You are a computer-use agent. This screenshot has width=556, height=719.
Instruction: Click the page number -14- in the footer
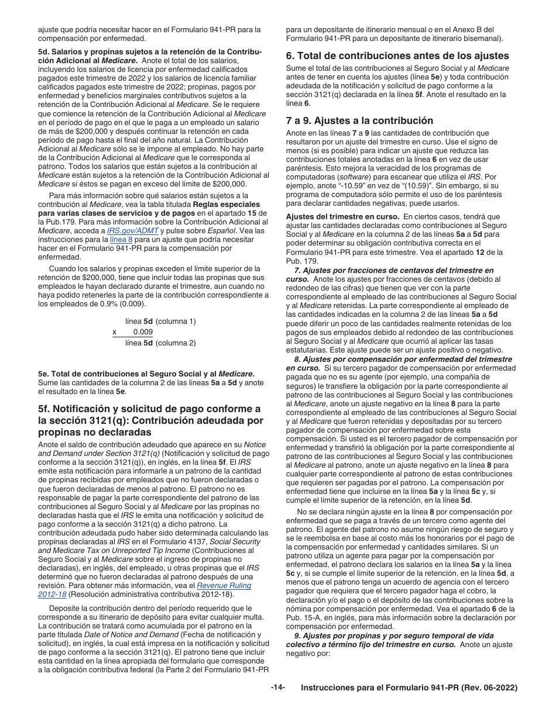(x=278, y=688)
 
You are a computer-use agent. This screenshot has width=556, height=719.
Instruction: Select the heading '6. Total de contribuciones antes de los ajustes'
(x=397, y=56)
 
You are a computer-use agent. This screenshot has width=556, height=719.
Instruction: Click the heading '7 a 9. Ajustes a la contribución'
(x=359, y=120)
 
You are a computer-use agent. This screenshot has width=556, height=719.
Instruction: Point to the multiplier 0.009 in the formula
(x=143, y=332)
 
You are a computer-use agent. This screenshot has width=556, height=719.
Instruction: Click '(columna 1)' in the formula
(x=176, y=322)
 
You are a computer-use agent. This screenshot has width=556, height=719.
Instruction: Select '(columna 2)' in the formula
(x=176, y=343)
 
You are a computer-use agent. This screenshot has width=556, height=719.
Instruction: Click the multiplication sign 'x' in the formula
(x=115, y=332)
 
